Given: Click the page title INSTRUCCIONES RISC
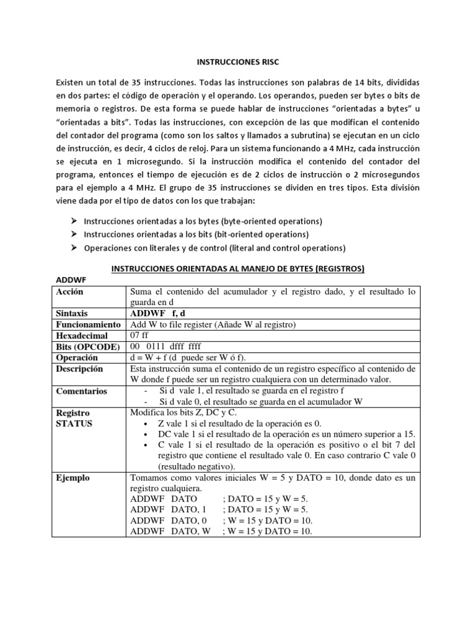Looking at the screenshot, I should point(237,63).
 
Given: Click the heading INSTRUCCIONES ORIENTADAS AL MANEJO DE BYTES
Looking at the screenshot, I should point(237,269).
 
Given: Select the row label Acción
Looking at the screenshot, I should point(70,291).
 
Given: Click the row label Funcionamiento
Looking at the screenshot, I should point(87,325).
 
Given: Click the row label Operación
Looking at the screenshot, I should point(77,358).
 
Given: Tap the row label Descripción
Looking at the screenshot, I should point(80,369).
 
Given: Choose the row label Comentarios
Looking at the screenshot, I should point(82,391).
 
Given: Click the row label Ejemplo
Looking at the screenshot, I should point(73,477).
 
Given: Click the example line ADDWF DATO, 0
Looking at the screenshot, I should point(169,520).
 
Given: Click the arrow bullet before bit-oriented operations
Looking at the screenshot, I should point(73,234).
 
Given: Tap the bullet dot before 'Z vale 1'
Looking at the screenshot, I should point(144,423).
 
